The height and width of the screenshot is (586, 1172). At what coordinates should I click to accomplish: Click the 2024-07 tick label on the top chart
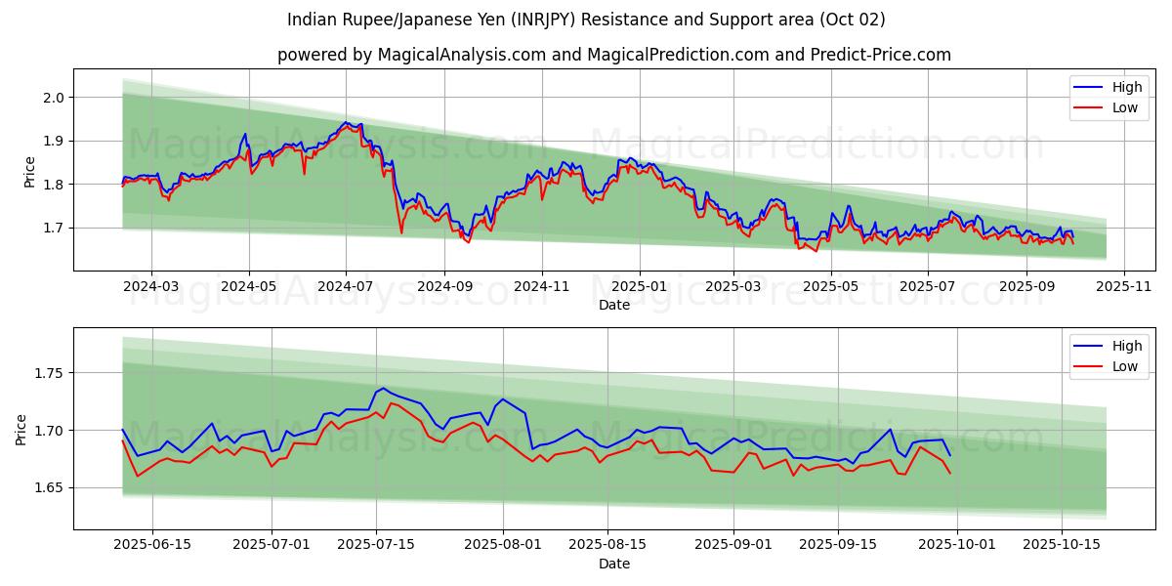346,286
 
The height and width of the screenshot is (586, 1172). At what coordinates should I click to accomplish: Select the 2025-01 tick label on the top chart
639,286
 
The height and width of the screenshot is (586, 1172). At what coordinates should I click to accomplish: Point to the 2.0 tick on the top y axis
53,98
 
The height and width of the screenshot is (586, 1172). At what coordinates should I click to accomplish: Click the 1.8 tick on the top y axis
53,185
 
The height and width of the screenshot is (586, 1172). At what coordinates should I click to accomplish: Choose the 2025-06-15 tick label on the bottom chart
153,545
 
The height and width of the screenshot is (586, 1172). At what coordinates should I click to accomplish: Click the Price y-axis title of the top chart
29,171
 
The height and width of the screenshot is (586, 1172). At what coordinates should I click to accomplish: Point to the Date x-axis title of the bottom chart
614,564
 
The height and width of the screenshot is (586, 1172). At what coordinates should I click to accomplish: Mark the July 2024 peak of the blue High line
346,122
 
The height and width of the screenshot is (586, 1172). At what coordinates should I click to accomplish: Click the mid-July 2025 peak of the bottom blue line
383,388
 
